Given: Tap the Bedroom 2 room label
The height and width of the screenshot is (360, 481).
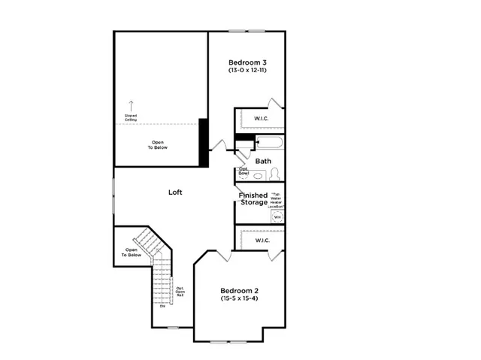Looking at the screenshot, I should [239, 291].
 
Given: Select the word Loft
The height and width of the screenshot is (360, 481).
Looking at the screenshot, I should [175, 192].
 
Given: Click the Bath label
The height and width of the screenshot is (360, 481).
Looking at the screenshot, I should [263, 161].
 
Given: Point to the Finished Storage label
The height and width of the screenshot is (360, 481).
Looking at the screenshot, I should [253, 199].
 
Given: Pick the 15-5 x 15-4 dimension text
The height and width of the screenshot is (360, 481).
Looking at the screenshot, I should [239, 300].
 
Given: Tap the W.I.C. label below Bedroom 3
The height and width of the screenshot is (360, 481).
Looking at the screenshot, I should [262, 118].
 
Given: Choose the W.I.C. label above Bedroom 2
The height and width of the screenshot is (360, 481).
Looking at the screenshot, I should [262, 241].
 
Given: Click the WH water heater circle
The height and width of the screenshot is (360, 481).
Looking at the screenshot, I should [277, 216].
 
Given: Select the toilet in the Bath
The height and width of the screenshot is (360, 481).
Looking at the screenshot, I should [274, 174].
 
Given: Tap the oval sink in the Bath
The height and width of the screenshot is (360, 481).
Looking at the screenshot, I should [259, 176].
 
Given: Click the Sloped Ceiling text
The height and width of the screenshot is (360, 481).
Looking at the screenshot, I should [132, 117].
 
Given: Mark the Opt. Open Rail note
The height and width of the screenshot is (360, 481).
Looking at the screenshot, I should [180, 292].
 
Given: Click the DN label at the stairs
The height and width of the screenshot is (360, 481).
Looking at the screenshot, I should [162, 306].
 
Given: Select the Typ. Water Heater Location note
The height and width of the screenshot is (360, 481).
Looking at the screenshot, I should [276, 198].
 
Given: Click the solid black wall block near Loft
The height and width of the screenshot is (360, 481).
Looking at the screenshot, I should [203, 142].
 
